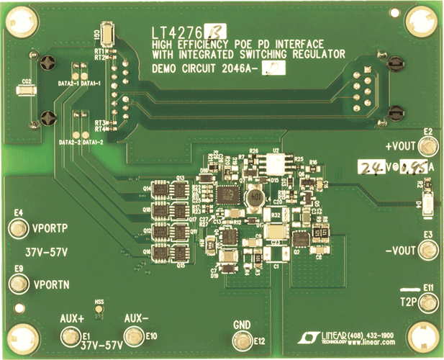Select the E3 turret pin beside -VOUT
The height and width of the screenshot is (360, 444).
429,251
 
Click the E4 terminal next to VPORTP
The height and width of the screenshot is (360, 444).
18,229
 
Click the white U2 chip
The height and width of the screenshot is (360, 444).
276,165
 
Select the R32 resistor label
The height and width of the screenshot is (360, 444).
276,215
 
